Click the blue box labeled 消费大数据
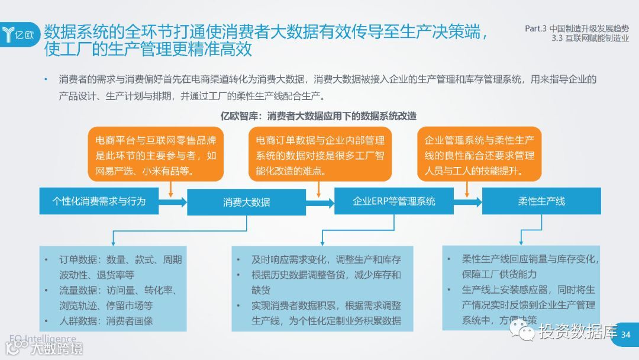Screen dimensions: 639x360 (246, 202)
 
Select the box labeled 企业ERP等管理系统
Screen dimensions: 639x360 (393, 201)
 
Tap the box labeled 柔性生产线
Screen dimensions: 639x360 (541, 201)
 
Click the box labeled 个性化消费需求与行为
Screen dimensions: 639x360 (99, 201)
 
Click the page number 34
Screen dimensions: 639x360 (626, 336)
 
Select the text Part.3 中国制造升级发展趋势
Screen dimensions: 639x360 (577, 28)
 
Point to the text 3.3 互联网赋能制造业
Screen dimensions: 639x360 (590, 39)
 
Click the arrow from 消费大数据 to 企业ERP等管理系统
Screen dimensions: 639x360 (320, 202)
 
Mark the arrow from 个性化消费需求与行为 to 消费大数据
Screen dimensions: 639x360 (173, 202)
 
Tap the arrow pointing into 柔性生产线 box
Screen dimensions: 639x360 (467, 202)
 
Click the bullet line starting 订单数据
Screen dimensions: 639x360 (112, 260)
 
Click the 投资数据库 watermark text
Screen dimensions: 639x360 (577, 332)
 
